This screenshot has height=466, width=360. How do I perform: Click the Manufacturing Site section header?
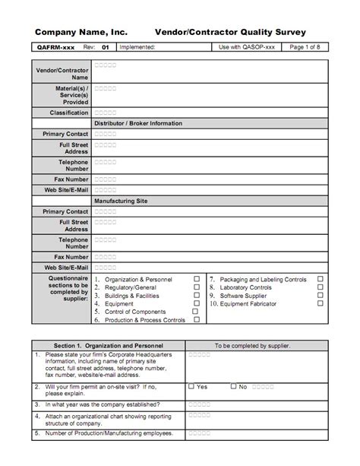pyautogui.click(x=121, y=201)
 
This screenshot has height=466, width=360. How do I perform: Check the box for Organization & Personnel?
pyautogui.click(x=197, y=279)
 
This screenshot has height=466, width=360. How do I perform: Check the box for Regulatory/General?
pyautogui.click(x=197, y=287)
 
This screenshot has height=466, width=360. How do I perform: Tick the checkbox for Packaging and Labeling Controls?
pyautogui.click(x=320, y=279)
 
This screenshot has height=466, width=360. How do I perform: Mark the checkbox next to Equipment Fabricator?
pyautogui.click(x=320, y=303)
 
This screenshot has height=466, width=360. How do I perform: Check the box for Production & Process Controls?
pyautogui.click(x=197, y=320)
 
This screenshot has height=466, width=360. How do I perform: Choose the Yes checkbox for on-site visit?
pyautogui.click(x=191, y=386)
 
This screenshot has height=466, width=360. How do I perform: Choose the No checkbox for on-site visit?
pyautogui.click(x=233, y=386)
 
